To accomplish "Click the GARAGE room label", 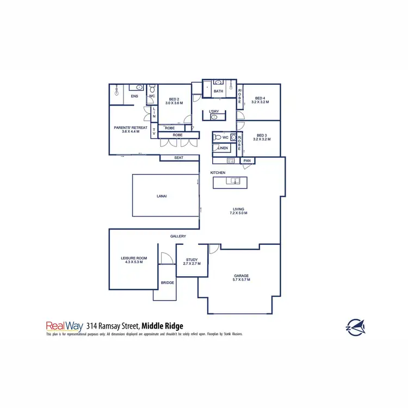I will [x=242, y=276].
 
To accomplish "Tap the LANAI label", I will [x=161, y=196].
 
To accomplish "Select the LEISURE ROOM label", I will [x=134, y=259].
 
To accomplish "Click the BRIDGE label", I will [x=167, y=283].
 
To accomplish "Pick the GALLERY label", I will [x=178, y=236].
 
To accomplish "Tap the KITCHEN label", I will [x=218, y=172].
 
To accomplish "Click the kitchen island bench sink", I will [x=234, y=181].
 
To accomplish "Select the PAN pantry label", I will [x=247, y=160].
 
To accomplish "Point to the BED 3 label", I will [x=262, y=135].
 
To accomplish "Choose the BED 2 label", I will [x=174, y=100].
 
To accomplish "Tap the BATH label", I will [x=219, y=91].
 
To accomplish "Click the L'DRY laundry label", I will [x=214, y=112].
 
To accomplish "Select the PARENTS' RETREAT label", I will [x=127, y=128].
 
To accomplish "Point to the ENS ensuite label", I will [x=134, y=96].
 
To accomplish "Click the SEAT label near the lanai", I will [x=178, y=158].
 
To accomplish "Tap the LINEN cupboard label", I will [x=223, y=147].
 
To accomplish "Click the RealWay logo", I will [x=64, y=326].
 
